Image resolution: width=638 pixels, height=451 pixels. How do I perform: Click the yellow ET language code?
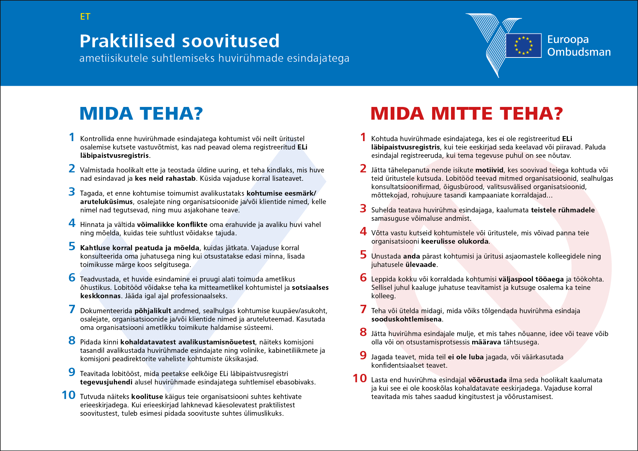[85, 17]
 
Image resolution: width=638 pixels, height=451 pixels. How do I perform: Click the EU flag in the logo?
[523, 45]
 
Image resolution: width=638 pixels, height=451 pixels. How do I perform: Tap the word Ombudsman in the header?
[579, 52]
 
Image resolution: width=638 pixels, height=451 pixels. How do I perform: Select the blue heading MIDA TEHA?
[141, 113]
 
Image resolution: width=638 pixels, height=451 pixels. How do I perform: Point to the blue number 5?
[72, 247]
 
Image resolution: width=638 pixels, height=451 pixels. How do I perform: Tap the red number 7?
[363, 310]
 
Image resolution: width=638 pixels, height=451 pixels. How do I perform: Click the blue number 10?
[68, 395]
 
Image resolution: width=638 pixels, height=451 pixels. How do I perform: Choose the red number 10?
[360, 379]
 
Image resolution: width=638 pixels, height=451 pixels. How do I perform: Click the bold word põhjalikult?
[153, 311]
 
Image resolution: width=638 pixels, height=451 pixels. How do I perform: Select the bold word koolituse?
[147, 397]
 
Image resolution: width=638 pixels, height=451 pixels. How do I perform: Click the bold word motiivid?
[489, 170]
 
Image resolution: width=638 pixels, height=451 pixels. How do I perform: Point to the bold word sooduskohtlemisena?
[406, 319]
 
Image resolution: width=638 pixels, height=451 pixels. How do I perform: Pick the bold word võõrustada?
[487, 380]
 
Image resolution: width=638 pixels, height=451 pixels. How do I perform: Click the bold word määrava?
[486, 342]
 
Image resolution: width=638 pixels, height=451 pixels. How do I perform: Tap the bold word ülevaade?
[420, 265]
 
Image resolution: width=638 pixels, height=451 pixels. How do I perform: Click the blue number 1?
[72, 137]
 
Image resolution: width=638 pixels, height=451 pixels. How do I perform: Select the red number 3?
[363, 209]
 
